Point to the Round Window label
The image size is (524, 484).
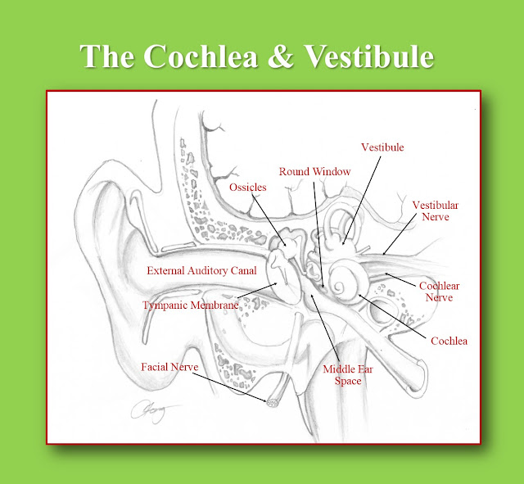(x=314, y=171)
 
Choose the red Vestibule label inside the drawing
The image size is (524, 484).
(x=382, y=147)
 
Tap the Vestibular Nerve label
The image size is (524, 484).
(x=434, y=210)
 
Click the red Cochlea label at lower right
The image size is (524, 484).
(x=449, y=340)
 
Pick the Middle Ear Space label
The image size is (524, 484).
(x=342, y=374)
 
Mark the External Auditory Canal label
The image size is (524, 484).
(x=201, y=270)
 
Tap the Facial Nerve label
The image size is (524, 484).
(x=169, y=366)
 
